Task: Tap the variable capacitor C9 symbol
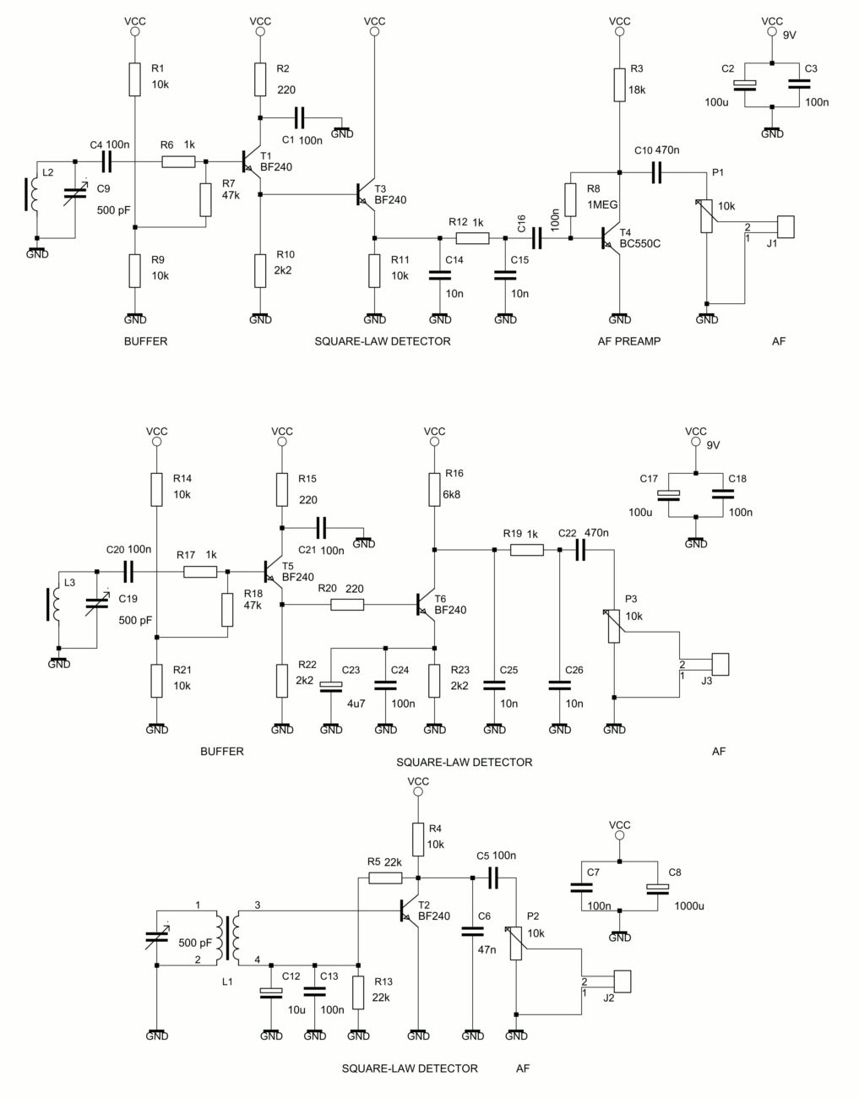(75, 196)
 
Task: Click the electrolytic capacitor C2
(746, 84)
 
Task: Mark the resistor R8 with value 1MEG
(570, 199)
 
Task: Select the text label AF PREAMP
(628, 341)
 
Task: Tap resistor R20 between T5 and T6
(347, 605)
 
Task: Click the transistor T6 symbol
(426, 604)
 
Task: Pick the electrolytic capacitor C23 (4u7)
(331, 685)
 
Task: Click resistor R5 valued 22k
(385, 878)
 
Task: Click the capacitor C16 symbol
(537, 239)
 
